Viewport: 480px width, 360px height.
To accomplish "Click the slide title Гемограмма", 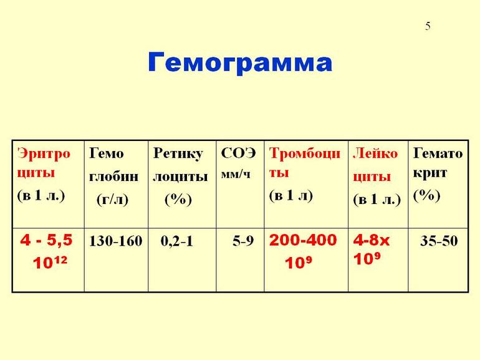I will [240, 63].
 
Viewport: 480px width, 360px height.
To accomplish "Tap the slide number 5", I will [428, 26].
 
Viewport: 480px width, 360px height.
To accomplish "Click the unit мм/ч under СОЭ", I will [236, 174].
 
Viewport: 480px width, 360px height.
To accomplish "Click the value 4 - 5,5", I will [46, 240].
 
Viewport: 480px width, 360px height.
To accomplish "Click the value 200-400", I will [303, 240].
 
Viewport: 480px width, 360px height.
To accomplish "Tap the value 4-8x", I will [372, 240].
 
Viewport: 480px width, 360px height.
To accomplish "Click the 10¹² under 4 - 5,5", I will [50, 262].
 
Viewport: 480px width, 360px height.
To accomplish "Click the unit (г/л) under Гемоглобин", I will [112, 199].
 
